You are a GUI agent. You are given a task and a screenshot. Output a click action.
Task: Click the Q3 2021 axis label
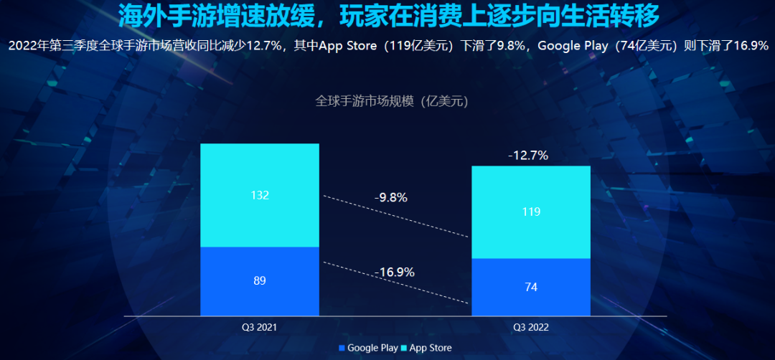(259, 327)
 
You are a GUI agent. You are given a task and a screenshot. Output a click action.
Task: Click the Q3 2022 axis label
(530, 327)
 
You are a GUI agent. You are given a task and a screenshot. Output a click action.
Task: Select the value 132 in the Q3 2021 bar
(259, 195)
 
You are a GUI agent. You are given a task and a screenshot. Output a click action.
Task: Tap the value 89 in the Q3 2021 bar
(259, 281)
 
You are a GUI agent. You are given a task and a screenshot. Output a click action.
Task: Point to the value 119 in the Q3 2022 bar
(530, 212)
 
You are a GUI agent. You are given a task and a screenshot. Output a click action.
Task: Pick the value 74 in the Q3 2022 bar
(530, 287)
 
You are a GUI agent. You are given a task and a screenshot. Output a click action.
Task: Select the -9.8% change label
(390, 198)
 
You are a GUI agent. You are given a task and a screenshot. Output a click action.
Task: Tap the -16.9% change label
(394, 272)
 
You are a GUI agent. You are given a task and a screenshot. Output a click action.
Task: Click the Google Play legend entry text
(372, 348)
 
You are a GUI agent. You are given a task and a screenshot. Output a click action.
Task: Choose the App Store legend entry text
(431, 348)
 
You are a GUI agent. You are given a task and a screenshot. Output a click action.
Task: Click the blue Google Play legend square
(342, 349)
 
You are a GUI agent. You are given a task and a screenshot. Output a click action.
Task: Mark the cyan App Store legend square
(404, 349)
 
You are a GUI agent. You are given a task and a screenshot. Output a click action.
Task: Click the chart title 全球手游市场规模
(366, 101)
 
